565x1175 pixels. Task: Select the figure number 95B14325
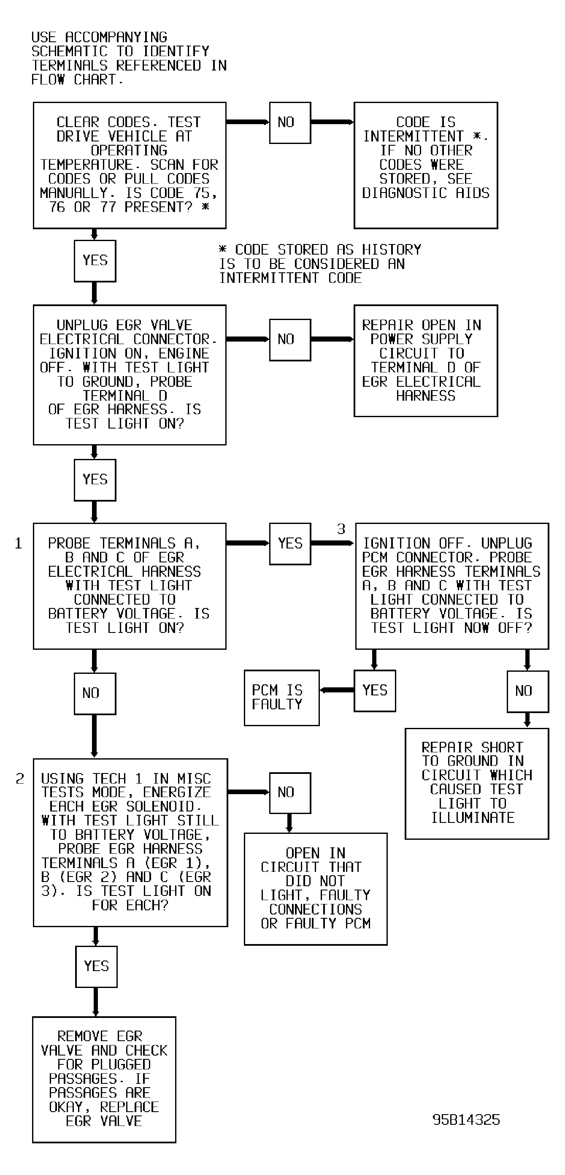click(x=466, y=1120)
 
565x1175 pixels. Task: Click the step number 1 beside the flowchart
click(x=18, y=543)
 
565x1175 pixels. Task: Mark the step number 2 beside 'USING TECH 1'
click(x=19, y=779)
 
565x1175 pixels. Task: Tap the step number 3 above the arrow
click(x=341, y=529)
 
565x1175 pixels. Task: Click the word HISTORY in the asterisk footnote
click(x=391, y=250)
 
